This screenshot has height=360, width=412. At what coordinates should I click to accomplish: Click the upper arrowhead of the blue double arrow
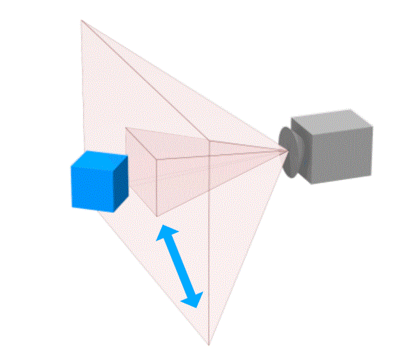[165, 233]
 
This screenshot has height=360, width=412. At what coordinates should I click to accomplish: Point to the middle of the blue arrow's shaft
[179, 266]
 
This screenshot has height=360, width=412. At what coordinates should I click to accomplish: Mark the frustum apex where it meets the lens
[285, 150]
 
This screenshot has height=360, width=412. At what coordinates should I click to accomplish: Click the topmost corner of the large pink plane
[81, 20]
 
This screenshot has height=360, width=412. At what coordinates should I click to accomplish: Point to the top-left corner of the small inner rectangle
[126, 129]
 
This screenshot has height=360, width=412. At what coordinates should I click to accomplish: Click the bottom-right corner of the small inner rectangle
[157, 216]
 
